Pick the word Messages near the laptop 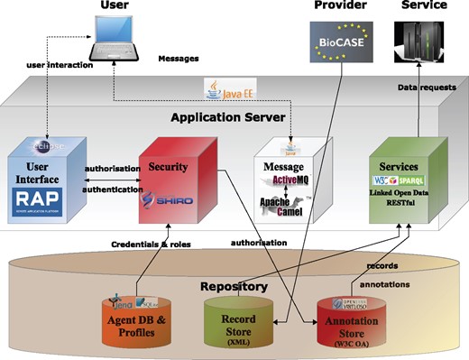(x=178, y=60)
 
